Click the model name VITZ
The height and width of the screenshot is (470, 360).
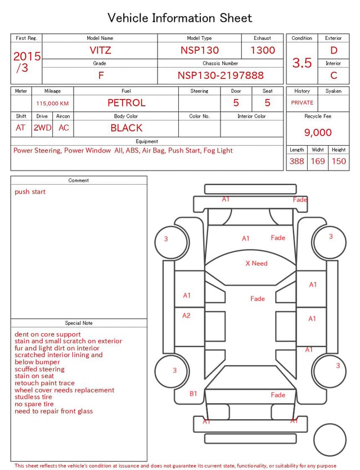tap(100, 50)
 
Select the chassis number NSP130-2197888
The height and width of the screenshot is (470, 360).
tap(220, 75)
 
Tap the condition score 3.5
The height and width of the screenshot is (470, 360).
tap(302, 63)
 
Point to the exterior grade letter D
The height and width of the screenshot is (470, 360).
tap(334, 50)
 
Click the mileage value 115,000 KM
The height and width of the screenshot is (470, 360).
tap(52, 104)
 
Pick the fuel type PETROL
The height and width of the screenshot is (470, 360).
tap(127, 103)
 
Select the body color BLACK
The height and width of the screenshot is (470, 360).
tap(127, 128)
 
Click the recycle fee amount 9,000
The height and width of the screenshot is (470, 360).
tap(318, 132)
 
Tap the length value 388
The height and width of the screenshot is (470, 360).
tap(297, 161)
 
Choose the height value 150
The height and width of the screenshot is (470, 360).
tap(339, 161)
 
